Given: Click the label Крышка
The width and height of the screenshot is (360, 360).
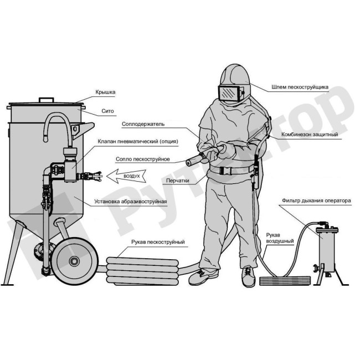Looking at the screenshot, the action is [x=105, y=92].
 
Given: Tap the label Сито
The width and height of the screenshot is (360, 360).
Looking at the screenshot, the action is [x=107, y=111].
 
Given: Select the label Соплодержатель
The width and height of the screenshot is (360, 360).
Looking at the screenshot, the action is [x=143, y=124].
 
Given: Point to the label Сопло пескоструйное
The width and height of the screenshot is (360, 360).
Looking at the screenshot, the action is [x=142, y=159].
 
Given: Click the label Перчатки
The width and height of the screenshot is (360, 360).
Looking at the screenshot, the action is [x=178, y=181].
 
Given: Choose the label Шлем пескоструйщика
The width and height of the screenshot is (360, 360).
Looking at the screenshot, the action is [x=300, y=87].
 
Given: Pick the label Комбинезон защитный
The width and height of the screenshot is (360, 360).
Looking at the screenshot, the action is [x=310, y=135].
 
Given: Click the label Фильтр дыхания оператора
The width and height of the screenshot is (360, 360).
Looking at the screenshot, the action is [x=316, y=200].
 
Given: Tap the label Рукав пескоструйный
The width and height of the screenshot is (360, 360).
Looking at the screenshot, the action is [x=158, y=242].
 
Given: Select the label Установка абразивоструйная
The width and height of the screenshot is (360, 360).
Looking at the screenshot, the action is [x=131, y=202].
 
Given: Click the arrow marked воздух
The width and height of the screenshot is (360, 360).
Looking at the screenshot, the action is [x=126, y=176].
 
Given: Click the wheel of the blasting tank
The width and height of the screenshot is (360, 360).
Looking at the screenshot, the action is [x=75, y=261].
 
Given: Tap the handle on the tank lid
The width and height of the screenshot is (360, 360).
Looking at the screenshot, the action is [x=47, y=100].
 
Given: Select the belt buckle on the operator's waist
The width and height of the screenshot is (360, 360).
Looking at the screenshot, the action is [x=223, y=171].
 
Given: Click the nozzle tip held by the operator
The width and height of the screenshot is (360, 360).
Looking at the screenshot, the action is [x=189, y=163].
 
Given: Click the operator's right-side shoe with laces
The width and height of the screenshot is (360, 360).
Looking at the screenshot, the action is [x=248, y=276].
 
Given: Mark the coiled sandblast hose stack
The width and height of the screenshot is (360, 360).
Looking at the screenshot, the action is [x=142, y=271].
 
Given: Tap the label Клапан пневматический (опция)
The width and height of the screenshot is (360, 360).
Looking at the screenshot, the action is [x=138, y=141].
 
